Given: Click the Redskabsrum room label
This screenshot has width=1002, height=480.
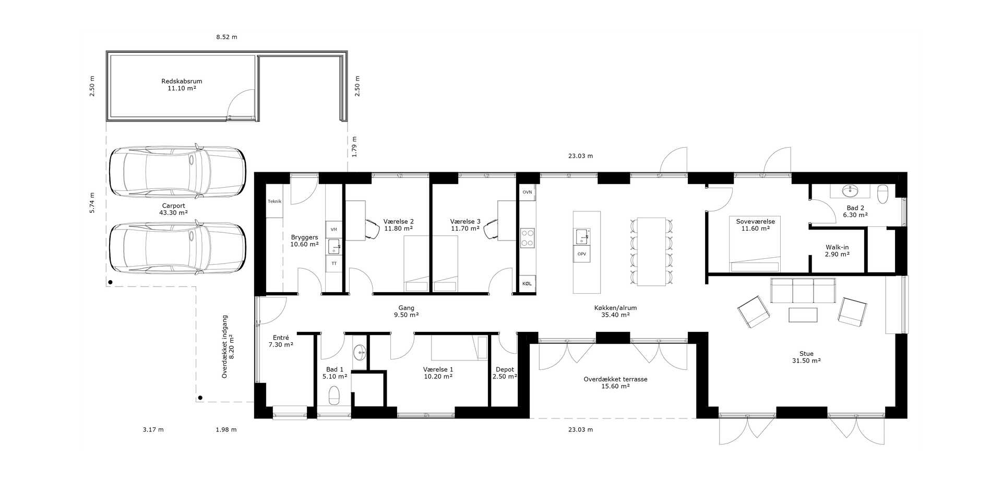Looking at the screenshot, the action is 182,85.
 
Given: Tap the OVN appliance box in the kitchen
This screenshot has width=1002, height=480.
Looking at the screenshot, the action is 527,192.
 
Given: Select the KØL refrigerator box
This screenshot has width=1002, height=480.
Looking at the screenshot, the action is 527,283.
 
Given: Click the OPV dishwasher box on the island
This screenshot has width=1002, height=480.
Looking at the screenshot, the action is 582,254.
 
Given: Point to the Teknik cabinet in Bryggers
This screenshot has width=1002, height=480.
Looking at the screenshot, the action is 275,201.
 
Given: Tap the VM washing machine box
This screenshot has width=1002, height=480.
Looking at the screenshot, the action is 334,229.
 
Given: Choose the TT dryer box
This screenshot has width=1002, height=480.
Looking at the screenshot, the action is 334,263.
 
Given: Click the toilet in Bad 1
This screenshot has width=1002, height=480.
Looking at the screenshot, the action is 334,396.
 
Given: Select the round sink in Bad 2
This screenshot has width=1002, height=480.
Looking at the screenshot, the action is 850,191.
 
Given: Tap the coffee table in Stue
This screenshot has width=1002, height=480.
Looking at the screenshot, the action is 803,315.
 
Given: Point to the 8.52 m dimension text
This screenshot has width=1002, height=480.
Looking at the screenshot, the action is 226,37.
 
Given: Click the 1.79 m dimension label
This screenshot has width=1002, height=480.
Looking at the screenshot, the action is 355,147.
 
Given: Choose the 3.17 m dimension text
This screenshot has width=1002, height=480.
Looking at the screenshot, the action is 153,430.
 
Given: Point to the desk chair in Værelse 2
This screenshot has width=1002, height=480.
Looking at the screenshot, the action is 372,229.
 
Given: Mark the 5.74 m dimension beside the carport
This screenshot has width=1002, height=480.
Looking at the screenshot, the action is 92,203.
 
